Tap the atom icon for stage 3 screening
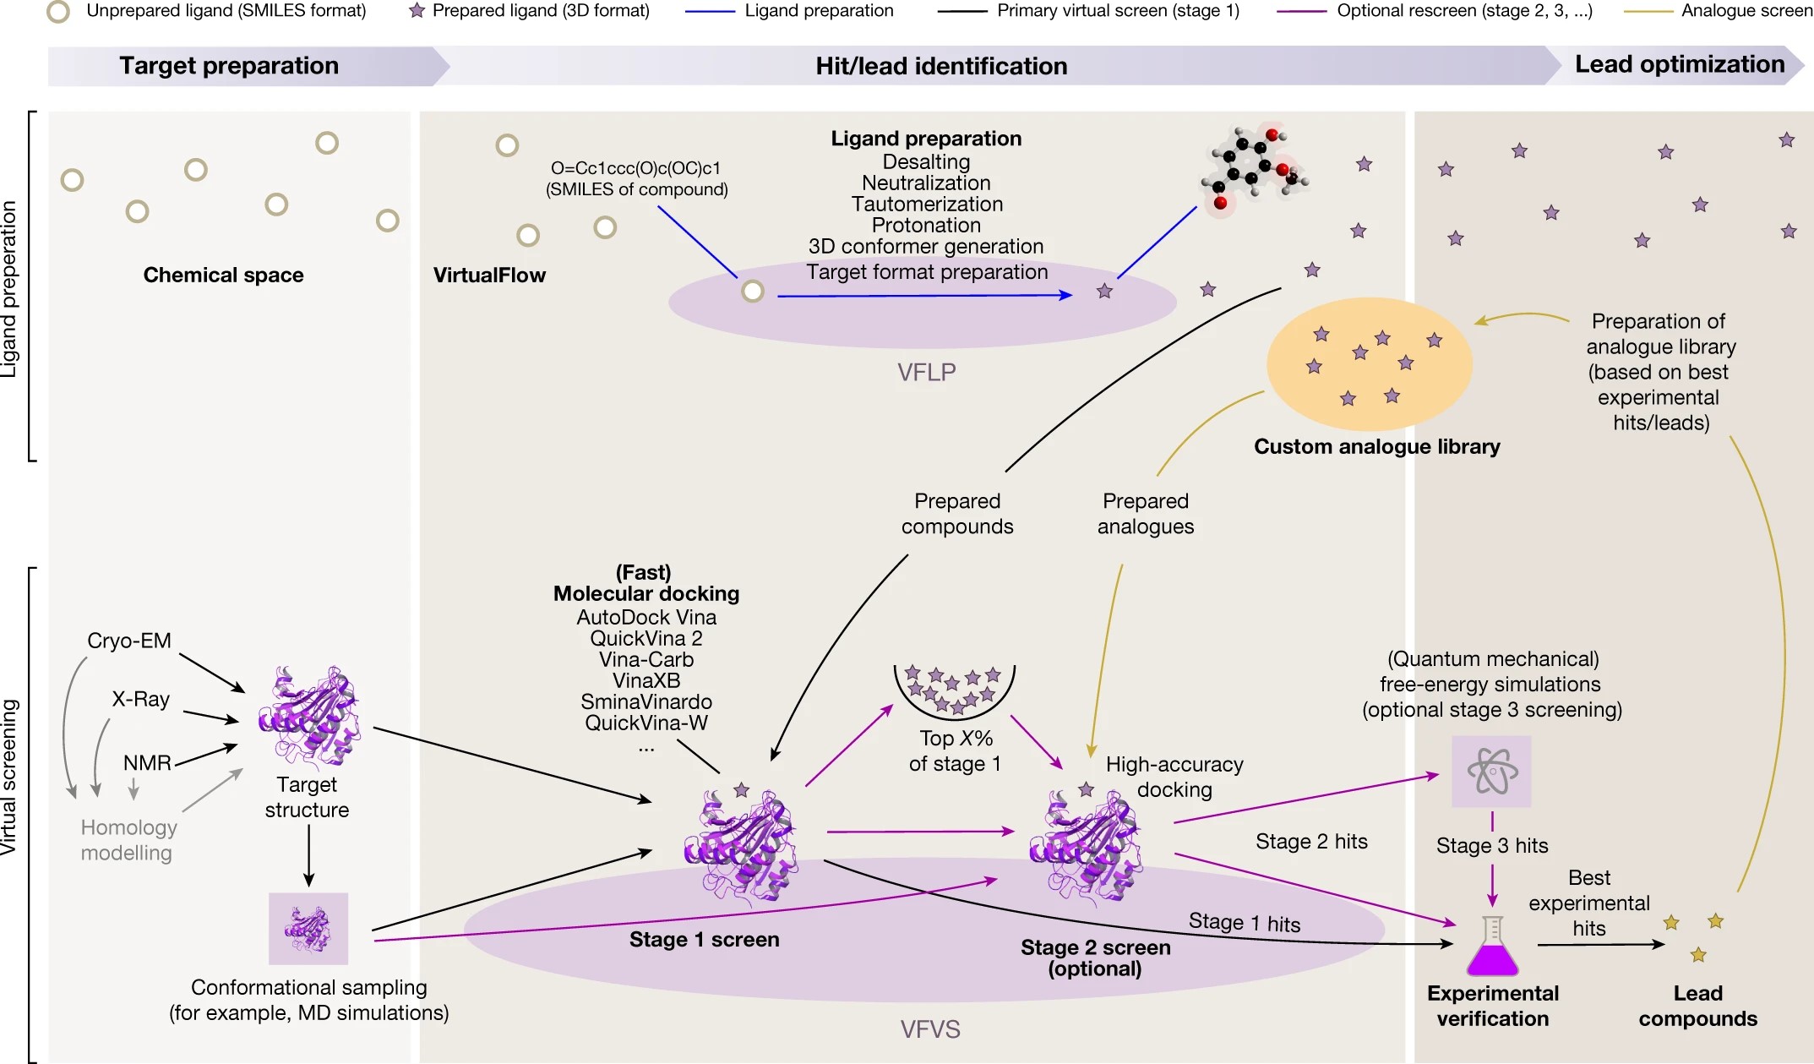click(1491, 772)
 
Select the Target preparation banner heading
click(229, 66)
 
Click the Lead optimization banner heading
click(1680, 65)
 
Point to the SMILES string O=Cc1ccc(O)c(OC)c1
click(636, 168)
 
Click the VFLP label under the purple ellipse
click(926, 372)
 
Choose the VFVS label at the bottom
click(929, 1029)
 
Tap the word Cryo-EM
click(129, 641)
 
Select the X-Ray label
click(141, 699)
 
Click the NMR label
click(147, 763)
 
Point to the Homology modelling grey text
click(128, 840)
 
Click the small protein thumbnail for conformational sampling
click(308, 929)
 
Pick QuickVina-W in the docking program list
click(646, 723)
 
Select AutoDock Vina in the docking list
click(646, 618)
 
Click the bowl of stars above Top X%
click(955, 689)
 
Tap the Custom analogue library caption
click(1376, 446)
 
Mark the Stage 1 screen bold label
click(704, 940)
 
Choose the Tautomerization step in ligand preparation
click(927, 205)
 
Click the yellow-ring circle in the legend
click(58, 11)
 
